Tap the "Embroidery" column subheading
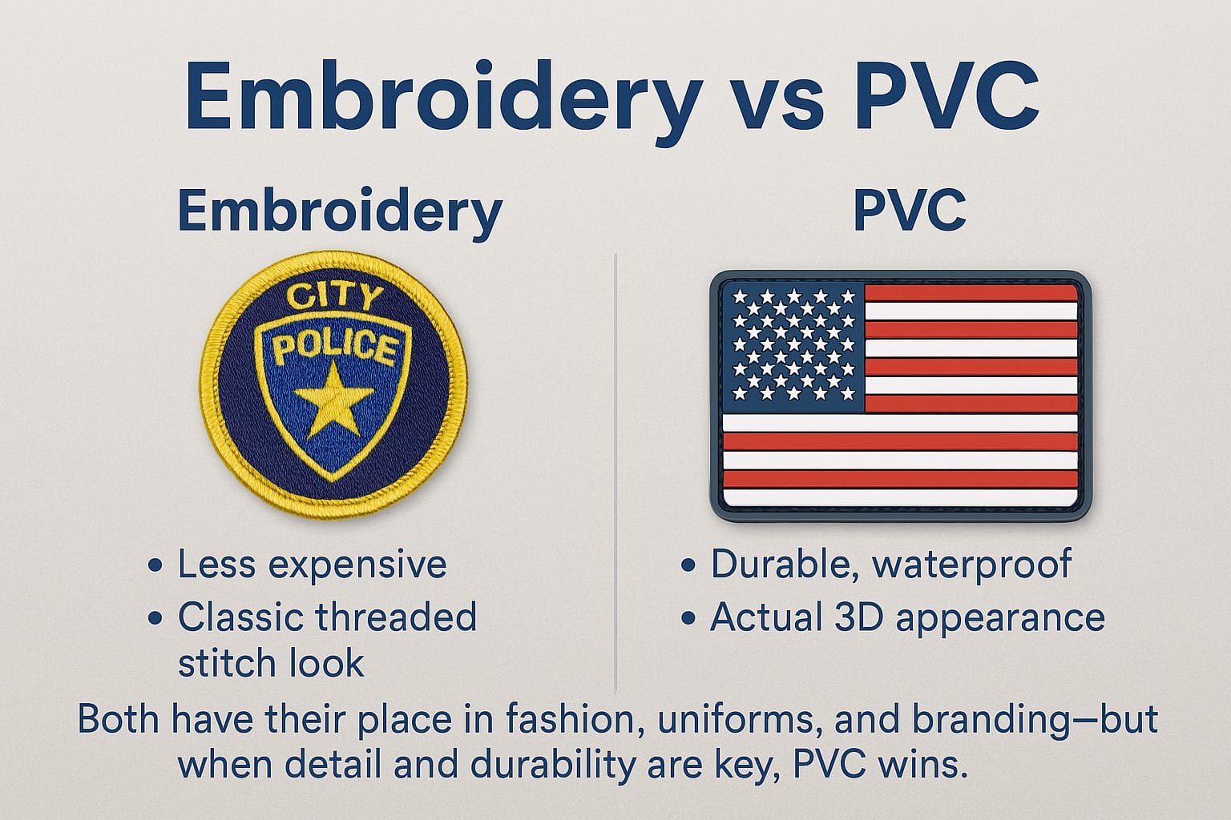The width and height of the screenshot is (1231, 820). (339, 211)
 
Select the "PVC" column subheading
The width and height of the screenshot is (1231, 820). (909, 211)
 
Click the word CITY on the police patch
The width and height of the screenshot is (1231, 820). (335, 298)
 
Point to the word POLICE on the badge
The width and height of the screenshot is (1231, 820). (335, 348)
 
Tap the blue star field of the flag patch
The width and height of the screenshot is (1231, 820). (793, 344)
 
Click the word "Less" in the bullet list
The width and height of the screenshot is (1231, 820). (216, 564)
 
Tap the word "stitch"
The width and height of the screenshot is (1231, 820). (226, 664)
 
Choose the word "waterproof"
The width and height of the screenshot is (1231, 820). (971, 564)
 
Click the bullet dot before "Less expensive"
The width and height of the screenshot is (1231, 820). (155, 566)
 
